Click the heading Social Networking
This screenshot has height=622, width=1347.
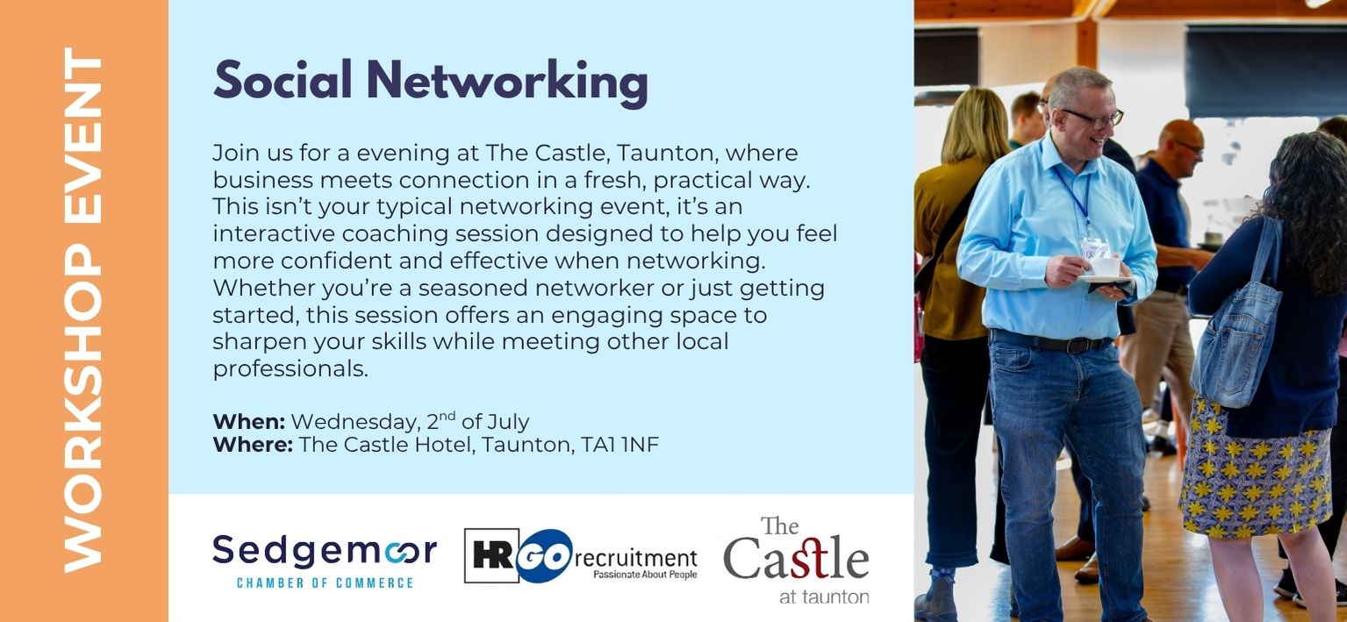tap(431, 82)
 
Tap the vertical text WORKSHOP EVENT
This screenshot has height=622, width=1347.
tap(83, 310)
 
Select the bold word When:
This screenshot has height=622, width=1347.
tap(249, 422)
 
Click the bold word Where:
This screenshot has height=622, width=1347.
tap(253, 445)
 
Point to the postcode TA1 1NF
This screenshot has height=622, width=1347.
tap(620, 445)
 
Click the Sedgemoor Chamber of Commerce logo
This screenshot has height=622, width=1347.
tap(325, 561)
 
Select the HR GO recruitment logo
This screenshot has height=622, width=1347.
tap(581, 556)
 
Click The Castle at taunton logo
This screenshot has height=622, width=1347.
tap(796, 560)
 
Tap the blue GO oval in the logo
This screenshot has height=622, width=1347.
tap(544, 556)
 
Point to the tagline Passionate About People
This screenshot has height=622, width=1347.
tap(645, 575)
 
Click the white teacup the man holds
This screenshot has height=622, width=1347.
tap(1105, 267)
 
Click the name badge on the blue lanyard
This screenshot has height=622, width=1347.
tap(1095, 247)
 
